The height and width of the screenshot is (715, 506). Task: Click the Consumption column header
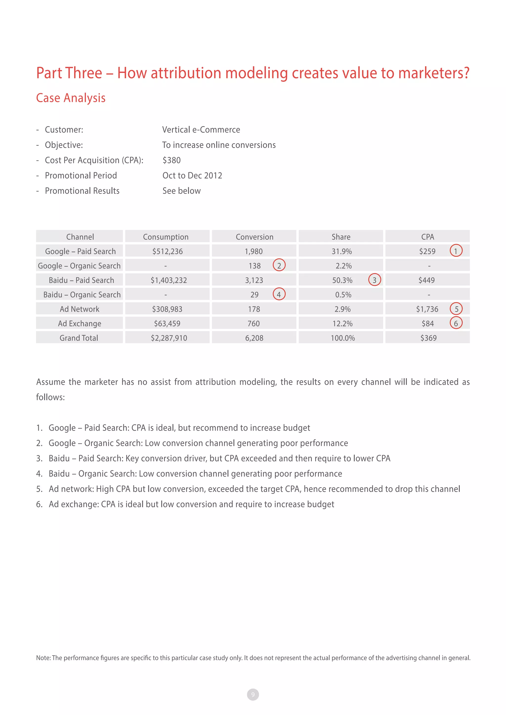click(166, 237)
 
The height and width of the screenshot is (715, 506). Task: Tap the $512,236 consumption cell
click(167, 251)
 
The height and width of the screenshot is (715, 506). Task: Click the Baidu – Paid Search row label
click(81, 280)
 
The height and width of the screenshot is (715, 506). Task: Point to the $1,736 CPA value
click(427, 309)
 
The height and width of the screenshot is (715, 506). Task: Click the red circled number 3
click(374, 280)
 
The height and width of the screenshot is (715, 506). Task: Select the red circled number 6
click(456, 323)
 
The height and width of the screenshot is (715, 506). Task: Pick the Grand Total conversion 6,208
click(254, 338)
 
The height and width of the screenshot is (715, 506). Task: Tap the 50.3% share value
click(342, 280)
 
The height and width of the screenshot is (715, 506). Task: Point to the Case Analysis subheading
click(71, 98)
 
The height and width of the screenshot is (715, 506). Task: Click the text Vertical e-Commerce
click(201, 130)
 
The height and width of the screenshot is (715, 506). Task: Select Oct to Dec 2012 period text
click(192, 175)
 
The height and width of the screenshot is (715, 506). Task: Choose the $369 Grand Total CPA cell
click(428, 338)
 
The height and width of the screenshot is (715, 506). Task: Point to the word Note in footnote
click(43, 658)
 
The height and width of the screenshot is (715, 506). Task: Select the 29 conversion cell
click(254, 294)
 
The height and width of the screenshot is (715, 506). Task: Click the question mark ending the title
click(466, 73)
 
